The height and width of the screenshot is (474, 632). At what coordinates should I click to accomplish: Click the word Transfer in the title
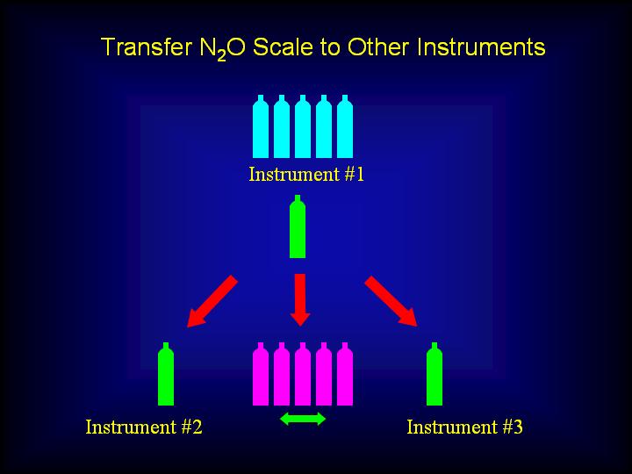147,47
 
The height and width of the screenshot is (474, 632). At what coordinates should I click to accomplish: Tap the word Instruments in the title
481,47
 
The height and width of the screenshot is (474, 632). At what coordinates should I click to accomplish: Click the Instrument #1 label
306,174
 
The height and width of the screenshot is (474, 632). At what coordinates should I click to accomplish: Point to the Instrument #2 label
144,427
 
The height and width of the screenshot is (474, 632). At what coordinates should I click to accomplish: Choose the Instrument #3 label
464,427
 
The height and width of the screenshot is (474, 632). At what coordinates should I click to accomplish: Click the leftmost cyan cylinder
261,126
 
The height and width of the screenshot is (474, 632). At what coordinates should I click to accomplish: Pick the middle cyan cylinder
303,126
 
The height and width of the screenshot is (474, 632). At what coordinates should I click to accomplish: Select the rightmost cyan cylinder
345,126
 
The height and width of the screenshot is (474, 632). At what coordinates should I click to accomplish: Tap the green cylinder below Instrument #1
298,226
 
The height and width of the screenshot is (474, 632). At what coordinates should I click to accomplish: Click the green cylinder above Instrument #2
166,374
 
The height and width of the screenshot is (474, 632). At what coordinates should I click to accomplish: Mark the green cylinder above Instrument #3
434,374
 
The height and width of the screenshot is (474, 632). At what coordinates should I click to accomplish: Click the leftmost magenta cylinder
261,374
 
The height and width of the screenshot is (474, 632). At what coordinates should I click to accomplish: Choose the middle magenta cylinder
303,374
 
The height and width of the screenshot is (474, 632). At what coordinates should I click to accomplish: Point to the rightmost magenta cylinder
345,374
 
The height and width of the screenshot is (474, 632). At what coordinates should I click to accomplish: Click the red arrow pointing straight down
300,300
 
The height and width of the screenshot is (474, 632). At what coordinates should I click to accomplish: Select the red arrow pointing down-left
212,301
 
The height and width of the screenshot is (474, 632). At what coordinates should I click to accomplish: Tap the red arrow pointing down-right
391,301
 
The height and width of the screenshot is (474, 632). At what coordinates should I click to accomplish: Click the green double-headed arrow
303,419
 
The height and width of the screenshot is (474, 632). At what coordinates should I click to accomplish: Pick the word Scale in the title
283,47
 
